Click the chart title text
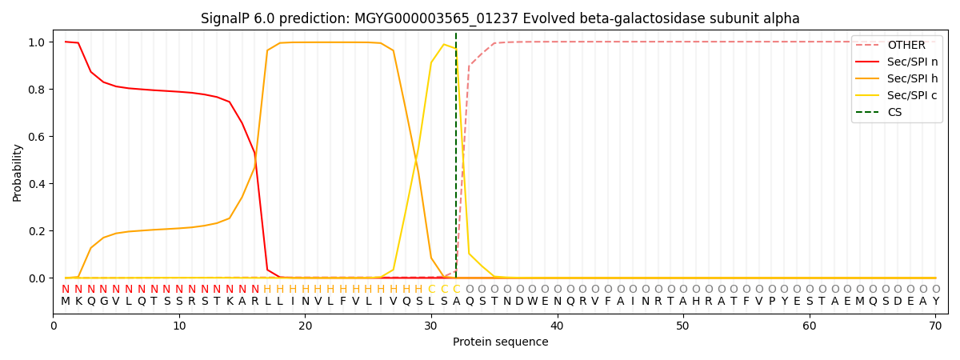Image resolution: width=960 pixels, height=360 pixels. pos(500,18)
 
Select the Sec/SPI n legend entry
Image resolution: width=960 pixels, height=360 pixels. pos(912,62)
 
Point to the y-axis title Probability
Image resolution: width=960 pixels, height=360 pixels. pos(18,173)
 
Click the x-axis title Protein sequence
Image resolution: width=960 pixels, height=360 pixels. pos(500,342)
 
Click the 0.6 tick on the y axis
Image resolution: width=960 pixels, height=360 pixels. pos(36,137)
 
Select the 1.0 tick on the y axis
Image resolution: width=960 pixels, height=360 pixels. pos(36,42)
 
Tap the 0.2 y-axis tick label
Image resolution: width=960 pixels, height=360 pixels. pos(36,231)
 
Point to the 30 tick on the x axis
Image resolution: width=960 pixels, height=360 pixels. pos(430,326)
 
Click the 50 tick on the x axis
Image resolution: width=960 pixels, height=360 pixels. pos(682,326)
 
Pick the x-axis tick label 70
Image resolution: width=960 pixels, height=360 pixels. pos(935,326)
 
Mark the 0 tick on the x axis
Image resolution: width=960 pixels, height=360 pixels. pos(53,326)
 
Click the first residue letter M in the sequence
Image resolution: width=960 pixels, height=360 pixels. pos(66,302)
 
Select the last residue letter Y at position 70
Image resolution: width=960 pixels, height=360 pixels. pos(935,302)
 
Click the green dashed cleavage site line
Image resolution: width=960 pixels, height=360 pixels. pos(456,160)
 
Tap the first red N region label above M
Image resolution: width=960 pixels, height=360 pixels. pos(66,290)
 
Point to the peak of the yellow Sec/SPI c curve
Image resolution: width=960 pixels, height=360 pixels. pos(443,44)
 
